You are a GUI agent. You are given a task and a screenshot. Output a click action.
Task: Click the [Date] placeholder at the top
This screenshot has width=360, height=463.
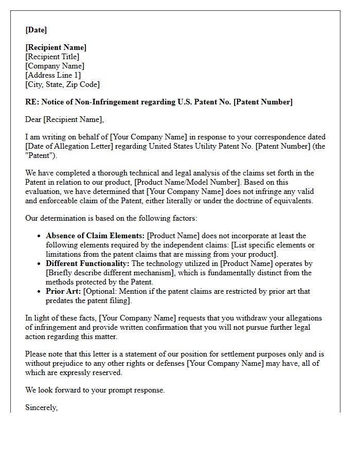(36, 30)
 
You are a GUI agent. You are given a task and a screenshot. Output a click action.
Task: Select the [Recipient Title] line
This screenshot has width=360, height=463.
(52, 57)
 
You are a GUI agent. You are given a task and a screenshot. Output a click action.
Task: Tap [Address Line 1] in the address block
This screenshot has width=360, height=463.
(53, 75)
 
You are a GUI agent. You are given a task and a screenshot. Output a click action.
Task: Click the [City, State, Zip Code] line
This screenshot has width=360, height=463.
(62, 84)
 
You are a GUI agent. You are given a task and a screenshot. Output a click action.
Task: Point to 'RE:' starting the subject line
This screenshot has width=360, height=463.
(32, 102)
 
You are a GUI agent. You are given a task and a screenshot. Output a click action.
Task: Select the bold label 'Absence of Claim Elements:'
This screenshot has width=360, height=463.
(96, 236)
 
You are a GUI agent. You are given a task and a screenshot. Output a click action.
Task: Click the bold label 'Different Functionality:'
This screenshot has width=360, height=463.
(88, 263)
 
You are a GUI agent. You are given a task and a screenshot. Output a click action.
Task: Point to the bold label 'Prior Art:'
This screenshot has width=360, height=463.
(63, 291)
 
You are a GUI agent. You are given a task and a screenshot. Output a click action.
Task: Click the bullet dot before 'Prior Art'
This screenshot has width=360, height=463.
(40, 292)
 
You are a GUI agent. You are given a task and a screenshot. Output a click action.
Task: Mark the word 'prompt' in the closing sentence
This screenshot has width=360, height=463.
(119, 390)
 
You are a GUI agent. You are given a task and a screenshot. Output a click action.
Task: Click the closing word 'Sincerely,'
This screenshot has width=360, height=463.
(42, 407)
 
